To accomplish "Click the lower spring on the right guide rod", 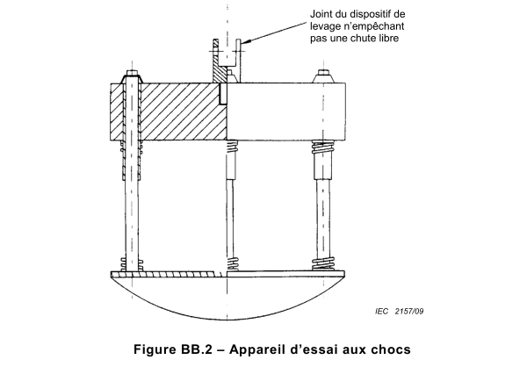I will pos(326,263).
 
